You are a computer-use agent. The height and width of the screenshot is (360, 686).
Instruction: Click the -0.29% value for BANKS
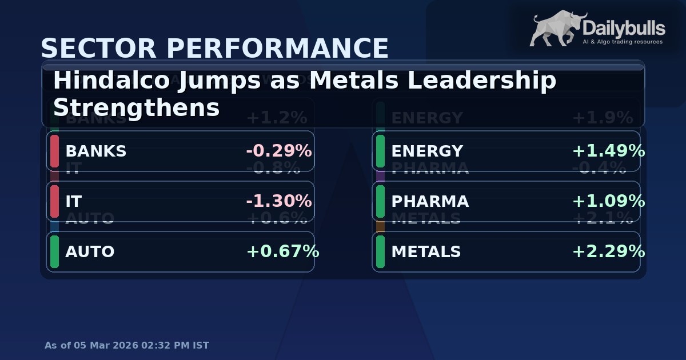(x=278, y=151)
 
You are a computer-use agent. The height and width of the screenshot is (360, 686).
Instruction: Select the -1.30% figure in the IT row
(x=278, y=202)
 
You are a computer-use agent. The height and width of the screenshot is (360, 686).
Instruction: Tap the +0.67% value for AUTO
(x=282, y=252)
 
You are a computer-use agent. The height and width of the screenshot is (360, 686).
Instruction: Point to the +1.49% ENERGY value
(x=608, y=151)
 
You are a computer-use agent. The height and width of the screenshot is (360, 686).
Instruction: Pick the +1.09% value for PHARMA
(x=608, y=202)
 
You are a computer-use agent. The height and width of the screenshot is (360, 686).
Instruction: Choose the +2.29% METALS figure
(x=608, y=252)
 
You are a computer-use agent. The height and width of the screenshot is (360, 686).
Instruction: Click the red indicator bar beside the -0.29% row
(x=55, y=151)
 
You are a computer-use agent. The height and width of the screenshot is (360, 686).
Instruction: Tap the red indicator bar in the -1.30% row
(x=55, y=202)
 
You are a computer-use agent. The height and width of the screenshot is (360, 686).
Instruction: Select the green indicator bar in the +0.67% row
(x=55, y=252)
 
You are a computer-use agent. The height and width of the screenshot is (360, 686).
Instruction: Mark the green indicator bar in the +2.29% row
(x=381, y=252)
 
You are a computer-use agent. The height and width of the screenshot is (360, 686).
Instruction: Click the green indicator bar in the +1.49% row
(x=381, y=151)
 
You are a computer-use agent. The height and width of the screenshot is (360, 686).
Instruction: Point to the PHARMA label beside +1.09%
(x=430, y=202)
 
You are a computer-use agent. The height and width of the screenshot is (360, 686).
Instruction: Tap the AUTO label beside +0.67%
(x=90, y=252)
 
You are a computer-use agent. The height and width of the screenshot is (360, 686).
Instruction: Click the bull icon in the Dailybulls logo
(x=555, y=29)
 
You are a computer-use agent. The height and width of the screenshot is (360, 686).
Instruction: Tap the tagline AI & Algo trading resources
(x=622, y=42)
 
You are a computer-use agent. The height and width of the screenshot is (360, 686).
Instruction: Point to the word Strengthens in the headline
(x=136, y=107)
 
